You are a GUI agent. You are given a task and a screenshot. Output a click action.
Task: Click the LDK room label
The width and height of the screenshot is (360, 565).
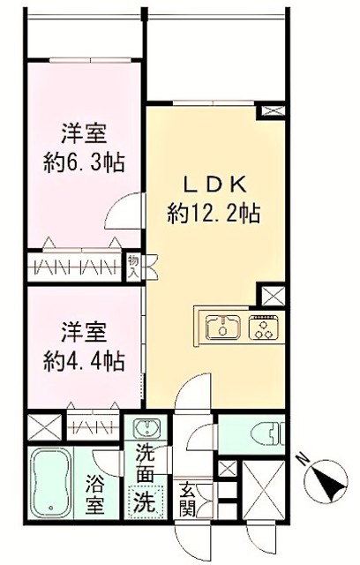coord(215,186)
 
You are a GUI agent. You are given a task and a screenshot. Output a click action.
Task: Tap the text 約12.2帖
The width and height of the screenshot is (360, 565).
coord(214,214)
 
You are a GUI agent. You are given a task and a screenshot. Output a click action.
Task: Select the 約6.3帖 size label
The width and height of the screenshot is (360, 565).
coord(84,162)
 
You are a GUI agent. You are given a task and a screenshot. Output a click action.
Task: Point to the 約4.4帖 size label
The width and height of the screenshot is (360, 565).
coord(84,361)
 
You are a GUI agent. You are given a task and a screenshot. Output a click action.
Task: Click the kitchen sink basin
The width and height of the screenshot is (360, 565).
coord(223,328)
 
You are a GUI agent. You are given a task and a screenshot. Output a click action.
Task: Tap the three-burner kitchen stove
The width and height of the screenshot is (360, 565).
coord(264,328)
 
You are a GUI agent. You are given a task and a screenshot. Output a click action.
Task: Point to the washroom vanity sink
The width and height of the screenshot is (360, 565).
coord(146,427)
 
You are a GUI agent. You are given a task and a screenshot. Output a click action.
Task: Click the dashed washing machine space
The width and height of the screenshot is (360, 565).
coord(146,501)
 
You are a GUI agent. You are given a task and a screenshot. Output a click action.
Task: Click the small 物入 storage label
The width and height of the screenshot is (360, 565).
coord(133,267)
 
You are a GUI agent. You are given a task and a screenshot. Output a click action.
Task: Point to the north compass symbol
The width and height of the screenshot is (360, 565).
coord(326,482)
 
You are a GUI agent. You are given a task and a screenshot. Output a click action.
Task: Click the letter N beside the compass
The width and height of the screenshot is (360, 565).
coord(303,459)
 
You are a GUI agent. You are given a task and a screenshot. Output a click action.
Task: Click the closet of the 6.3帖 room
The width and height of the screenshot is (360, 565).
coord(78,267)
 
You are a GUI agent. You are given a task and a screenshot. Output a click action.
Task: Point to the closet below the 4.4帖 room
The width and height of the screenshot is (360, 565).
coord(93,427)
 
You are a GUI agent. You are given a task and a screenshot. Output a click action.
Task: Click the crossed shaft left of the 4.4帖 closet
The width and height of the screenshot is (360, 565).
coord(45,427)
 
